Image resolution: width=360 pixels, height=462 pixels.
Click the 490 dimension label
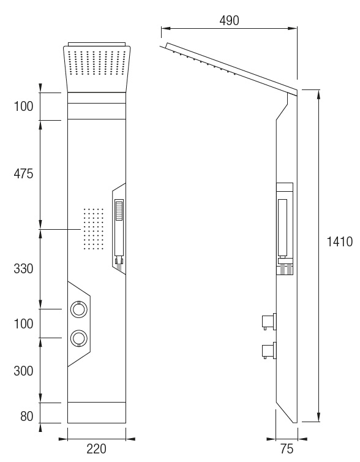[x=230, y=21]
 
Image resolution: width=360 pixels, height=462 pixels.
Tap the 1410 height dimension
[x=339, y=241]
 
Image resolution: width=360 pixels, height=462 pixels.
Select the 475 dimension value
[x=23, y=174]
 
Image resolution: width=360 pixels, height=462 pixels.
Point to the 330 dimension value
[x=23, y=269]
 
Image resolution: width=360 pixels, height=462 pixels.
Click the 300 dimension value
[x=23, y=371]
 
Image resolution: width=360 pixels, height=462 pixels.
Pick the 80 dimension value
[x=27, y=416]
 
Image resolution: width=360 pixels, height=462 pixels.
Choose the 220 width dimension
[x=96, y=449]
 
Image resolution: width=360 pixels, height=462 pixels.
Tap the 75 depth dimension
[x=287, y=449]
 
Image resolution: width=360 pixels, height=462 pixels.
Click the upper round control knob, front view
[x=78, y=309]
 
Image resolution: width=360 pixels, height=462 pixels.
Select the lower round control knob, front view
[x=78, y=338]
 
